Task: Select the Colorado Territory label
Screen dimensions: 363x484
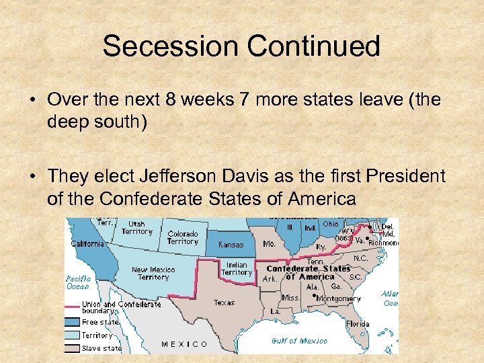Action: pyautogui.click(x=183, y=237)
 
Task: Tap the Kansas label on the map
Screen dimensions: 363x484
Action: pyautogui.click(x=231, y=245)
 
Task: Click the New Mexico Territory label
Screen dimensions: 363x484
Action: pyautogui.click(x=153, y=273)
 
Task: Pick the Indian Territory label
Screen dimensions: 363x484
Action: pyautogui.click(x=237, y=269)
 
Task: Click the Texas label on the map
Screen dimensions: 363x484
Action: pyautogui.click(x=224, y=302)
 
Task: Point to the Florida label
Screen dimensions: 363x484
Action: pyautogui.click(x=358, y=324)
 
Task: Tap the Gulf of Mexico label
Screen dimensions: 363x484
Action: pyautogui.click(x=299, y=341)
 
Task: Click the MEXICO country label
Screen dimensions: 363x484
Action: pyautogui.click(x=184, y=344)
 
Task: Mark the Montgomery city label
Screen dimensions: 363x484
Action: pyautogui.click(x=338, y=298)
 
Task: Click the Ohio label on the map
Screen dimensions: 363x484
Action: pyautogui.click(x=330, y=224)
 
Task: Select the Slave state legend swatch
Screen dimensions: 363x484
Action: pyautogui.click(x=72, y=348)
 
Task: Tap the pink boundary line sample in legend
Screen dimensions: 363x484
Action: pyautogui.click(x=72, y=307)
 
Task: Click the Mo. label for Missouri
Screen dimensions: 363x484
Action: pyautogui.click(x=270, y=243)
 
